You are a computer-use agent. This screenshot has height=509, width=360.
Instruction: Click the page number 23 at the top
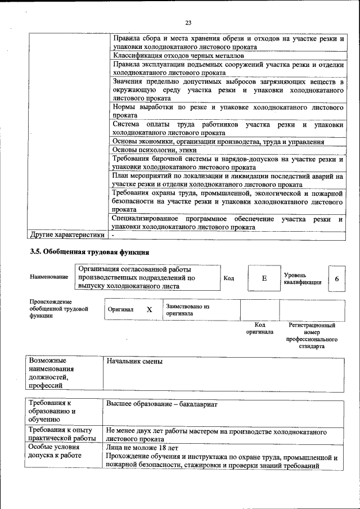188,22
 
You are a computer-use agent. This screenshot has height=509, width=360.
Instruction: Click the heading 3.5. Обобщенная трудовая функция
89,251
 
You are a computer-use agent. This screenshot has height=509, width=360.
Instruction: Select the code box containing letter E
264,278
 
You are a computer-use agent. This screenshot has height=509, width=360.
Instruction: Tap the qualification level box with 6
336,278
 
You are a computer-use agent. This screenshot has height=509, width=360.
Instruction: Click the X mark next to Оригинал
149,310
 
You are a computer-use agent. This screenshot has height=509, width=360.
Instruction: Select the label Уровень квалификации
303,278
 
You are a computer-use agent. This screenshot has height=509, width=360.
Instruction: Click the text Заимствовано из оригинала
187,310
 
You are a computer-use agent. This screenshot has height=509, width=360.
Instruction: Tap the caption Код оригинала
259,328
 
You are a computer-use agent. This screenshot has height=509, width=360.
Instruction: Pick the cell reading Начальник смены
134,361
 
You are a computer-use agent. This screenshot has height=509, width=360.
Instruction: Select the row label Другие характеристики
67,235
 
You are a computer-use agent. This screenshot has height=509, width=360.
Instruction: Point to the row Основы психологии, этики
155,150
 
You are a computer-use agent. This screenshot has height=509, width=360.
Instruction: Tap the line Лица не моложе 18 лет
142,448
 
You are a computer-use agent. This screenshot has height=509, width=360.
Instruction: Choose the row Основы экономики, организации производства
218,142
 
